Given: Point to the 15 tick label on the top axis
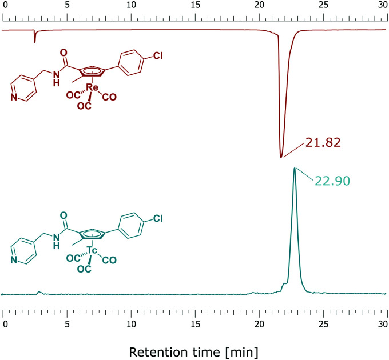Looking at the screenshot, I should [x=195, y=5].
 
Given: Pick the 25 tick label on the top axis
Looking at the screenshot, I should [x=323, y=5].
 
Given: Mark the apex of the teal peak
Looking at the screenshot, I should [x=294, y=168].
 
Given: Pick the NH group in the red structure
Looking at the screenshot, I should [x=55, y=80].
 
